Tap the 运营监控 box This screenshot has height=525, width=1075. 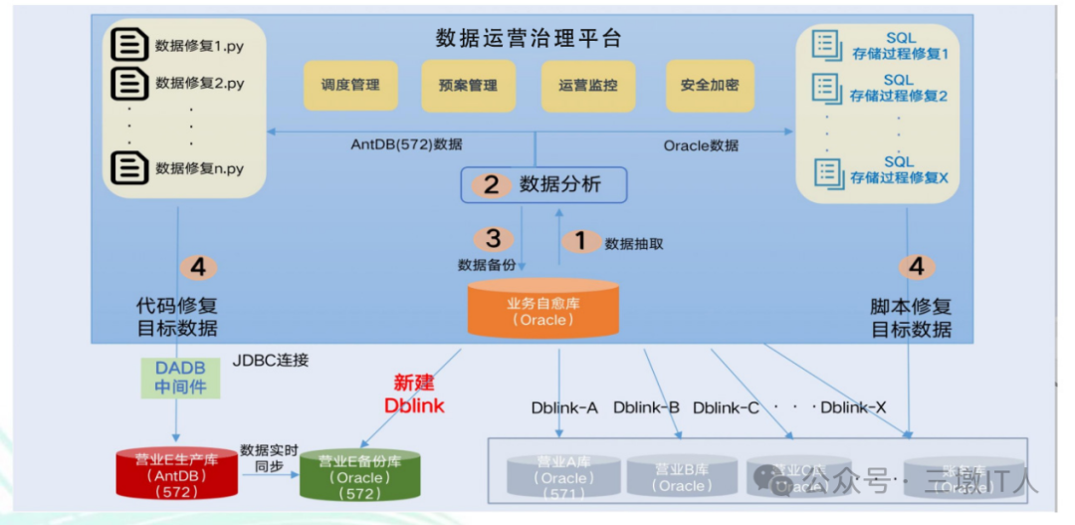click(x=587, y=86)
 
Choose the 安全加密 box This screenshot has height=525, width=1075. click(x=710, y=86)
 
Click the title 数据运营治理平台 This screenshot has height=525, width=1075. click(x=529, y=39)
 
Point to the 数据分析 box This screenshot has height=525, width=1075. click(x=543, y=184)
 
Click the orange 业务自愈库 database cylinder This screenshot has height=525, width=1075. click(x=543, y=308)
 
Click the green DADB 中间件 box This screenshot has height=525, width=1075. click(x=180, y=377)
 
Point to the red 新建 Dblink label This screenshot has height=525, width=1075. click(x=414, y=394)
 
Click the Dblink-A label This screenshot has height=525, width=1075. click(x=564, y=407)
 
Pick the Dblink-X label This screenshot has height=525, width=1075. click(x=853, y=407)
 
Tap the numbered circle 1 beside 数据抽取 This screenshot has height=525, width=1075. click(x=581, y=241)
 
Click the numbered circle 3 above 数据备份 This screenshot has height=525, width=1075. click(x=493, y=239)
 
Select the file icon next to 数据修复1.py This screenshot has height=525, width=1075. click(x=128, y=45)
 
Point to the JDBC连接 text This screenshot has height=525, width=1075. click(x=271, y=360)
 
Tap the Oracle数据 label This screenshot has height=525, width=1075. click(x=701, y=145)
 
